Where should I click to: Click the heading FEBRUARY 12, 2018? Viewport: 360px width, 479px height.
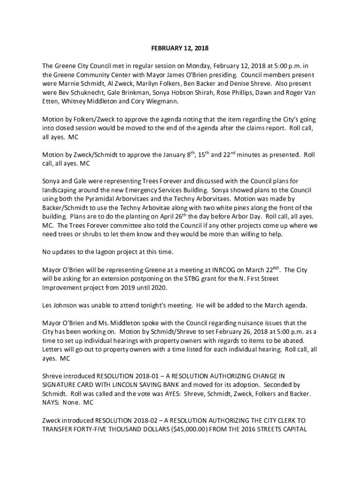pos(180,48)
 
